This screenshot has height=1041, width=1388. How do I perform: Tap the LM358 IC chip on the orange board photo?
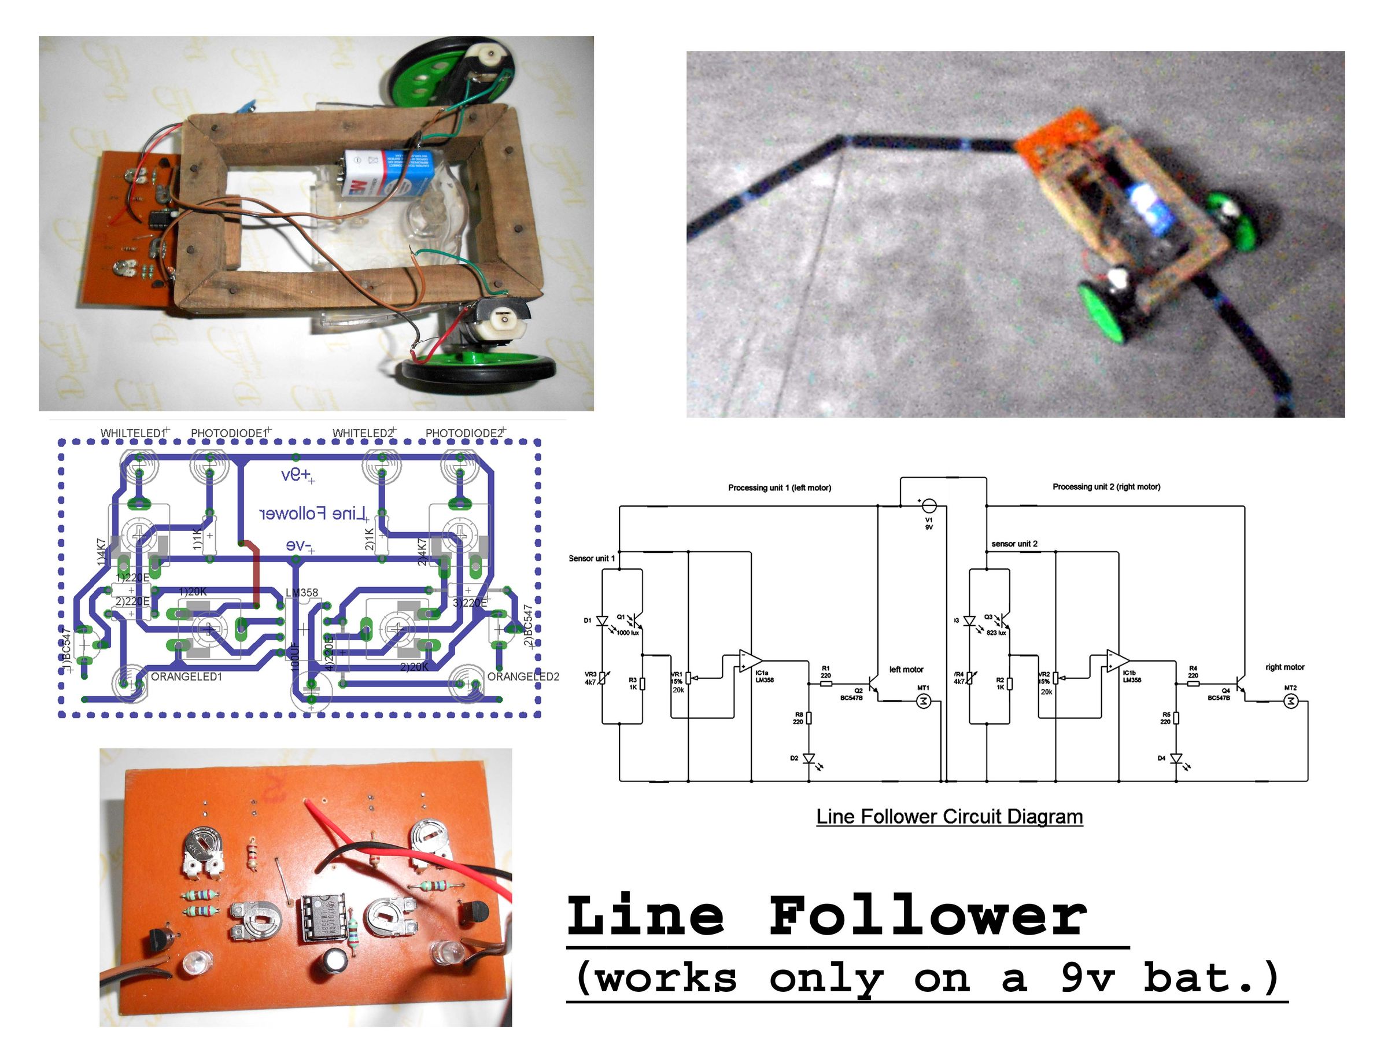tap(325, 917)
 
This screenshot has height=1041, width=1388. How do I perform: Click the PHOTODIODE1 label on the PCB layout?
tap(230, 433)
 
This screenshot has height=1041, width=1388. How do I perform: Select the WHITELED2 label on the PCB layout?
tap(363, 433)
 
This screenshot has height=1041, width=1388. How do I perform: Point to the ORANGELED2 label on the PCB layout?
tap(523, 677)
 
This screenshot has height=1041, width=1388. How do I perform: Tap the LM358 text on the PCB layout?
tap(302, 592)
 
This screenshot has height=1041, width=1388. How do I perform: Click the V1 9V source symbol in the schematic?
tap(929, 506)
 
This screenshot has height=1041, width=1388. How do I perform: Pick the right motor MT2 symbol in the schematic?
tap(1290, 701)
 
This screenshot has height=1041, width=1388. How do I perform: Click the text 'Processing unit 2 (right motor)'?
tap(1106, 486)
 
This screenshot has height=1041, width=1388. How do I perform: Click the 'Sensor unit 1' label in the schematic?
tap(591, 559)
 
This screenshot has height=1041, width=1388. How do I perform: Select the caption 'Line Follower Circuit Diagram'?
tap(949, 817)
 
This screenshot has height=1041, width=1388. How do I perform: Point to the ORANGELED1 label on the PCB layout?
tap(186, 677)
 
